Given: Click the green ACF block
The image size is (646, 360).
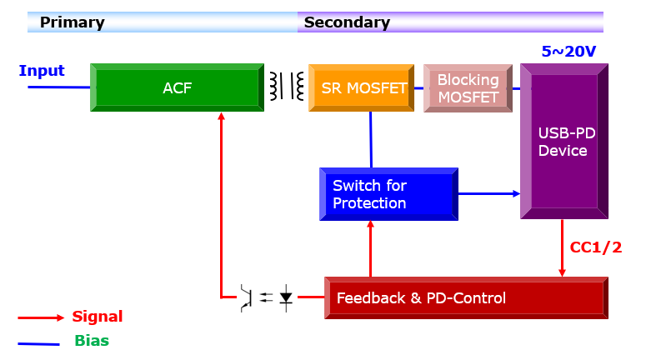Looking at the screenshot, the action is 178,87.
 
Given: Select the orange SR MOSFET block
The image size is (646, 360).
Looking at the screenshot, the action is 361,87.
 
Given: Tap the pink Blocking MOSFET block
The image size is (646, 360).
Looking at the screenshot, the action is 468,88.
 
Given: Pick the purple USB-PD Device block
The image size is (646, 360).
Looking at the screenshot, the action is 564,142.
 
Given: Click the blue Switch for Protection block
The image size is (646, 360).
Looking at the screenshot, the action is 389,194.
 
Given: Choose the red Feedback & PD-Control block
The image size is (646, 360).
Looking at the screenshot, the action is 467,297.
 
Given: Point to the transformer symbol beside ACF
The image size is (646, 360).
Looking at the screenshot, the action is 287,86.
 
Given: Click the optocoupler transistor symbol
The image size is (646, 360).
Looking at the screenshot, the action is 247,297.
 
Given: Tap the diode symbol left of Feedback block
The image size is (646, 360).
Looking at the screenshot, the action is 286,297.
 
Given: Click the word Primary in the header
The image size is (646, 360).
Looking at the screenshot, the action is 72,22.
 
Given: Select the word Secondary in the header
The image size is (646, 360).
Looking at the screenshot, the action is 347,22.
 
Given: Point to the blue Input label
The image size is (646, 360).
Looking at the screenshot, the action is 42,71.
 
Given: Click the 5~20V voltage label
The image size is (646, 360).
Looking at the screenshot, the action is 568,52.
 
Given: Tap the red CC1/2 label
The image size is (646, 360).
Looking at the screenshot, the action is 596,247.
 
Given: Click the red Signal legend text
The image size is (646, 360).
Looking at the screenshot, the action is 98,317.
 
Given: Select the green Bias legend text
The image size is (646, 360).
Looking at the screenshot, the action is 92,341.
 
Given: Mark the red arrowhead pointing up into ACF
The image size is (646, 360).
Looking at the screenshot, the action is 221,116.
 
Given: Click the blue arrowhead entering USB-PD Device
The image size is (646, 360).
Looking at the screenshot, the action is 516,193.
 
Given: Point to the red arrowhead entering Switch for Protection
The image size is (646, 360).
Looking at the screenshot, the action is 370,224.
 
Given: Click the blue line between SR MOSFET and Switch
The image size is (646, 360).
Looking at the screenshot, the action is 371,140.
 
